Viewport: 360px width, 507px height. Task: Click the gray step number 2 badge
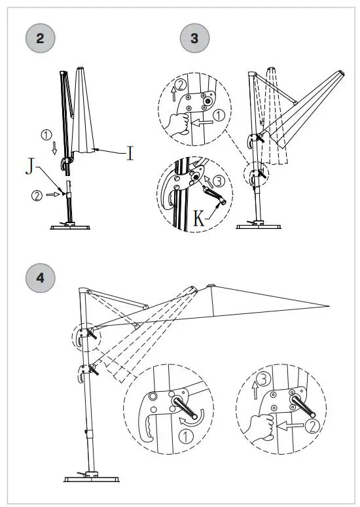[41, 38]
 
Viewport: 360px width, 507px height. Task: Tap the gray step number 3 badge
[194, 38]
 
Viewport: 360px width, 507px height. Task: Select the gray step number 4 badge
[41, 277]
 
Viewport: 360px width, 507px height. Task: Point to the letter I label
[130, 154]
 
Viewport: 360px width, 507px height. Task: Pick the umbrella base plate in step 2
[69, 226]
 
